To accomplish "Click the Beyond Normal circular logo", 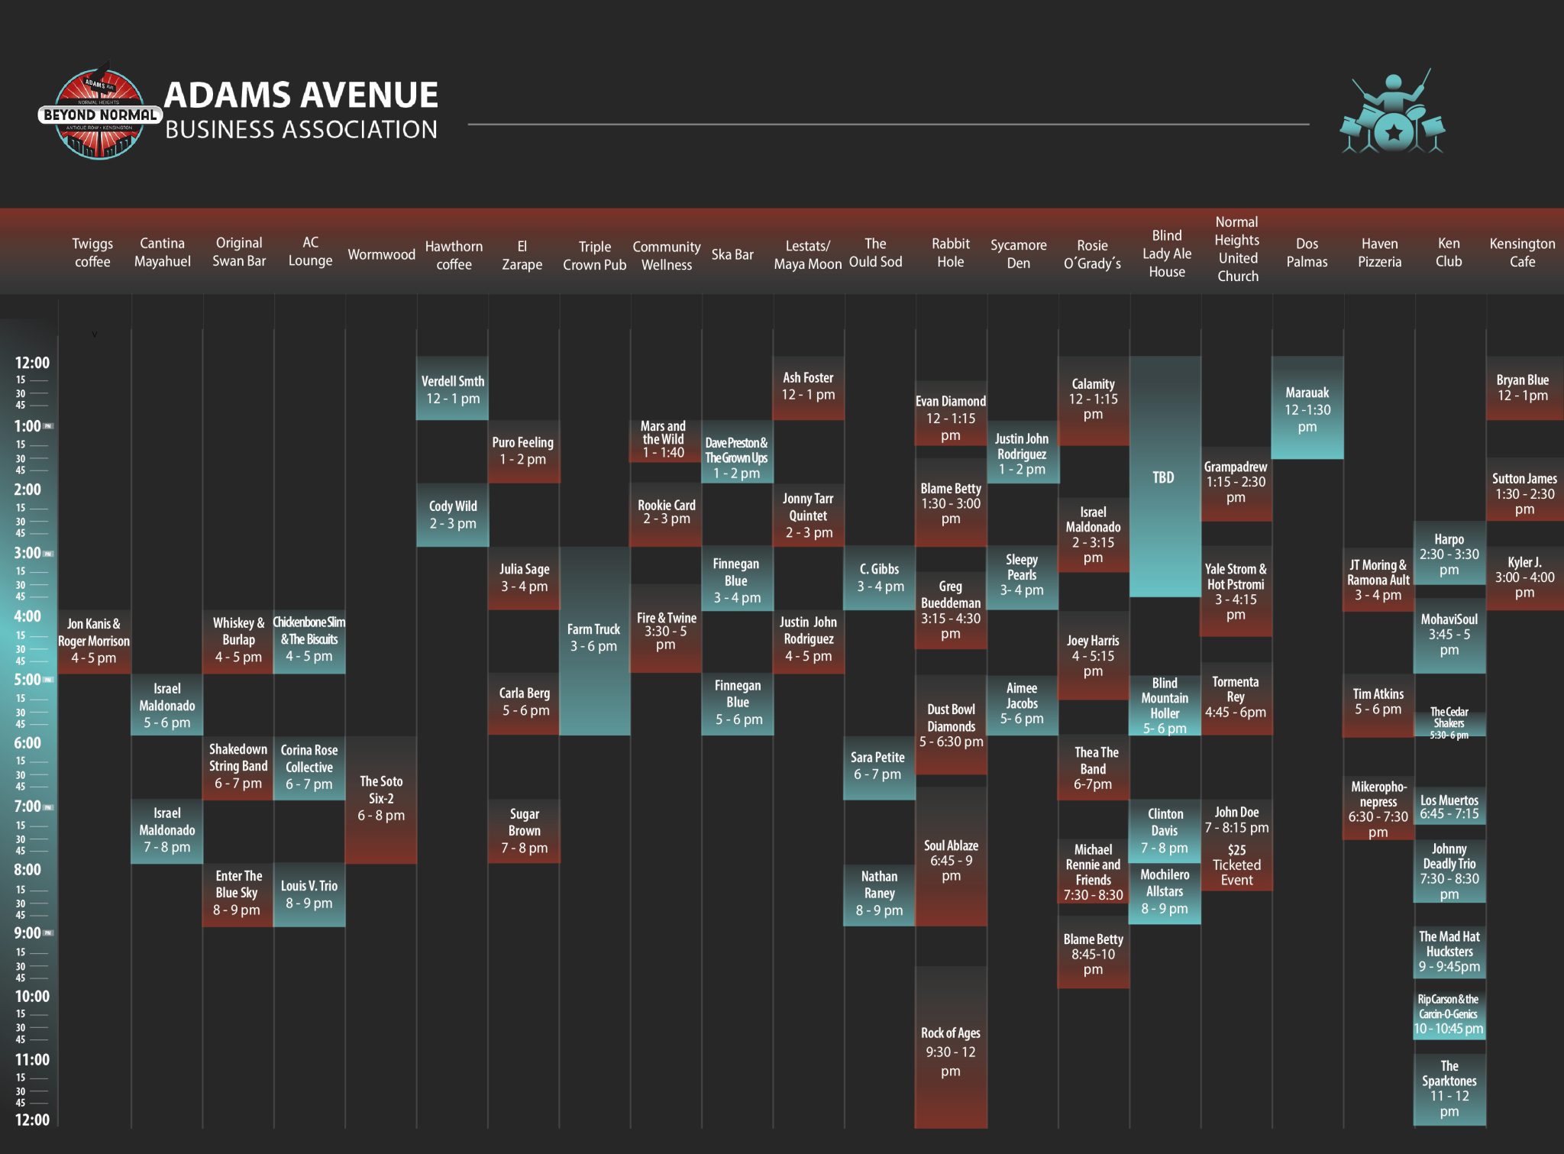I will click(99, 115).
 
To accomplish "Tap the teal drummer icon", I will click(1392, 115).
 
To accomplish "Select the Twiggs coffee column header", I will click(92, 253).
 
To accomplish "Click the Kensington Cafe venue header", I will click(1521, 253).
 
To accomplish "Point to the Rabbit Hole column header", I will click(950, 253).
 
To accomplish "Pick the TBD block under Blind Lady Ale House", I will click(1163, 477).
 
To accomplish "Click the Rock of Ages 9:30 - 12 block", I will click(950, 1051).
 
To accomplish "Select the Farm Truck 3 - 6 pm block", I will click(594, 638).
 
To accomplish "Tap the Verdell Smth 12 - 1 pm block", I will click(452, 389).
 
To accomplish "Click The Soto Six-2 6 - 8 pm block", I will click(381, 798).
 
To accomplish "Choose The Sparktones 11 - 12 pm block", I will click(1449, 1088).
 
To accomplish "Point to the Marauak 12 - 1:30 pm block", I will click(1307, 409).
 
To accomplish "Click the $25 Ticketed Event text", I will click(1236, 865).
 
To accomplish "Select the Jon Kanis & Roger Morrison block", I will click(94, 641).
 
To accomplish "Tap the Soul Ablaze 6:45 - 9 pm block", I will click(950, 860).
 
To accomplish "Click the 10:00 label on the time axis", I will click(32, 996).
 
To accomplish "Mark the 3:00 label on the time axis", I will click(28, 552).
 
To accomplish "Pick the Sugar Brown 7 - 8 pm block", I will click(524, 831).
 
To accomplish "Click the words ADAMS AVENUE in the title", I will click(301, 95).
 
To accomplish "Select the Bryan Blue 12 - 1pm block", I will click(1522, 388).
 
